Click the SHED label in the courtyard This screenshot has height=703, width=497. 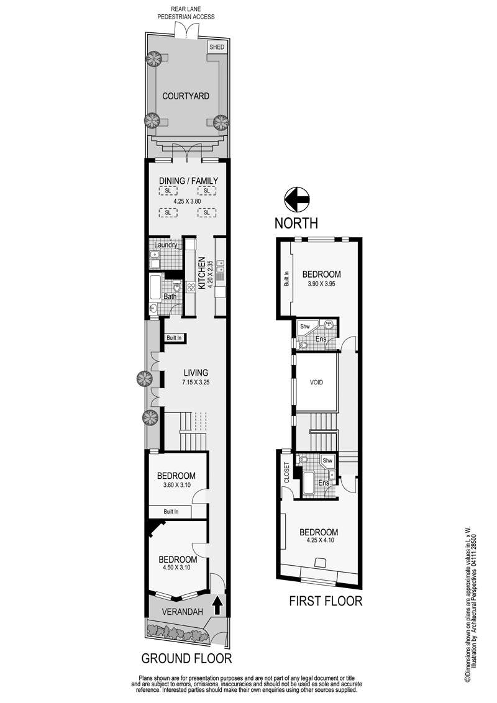[217, 47]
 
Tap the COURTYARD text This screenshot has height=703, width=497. [186, 96]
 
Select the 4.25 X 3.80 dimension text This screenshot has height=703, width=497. [187, 201]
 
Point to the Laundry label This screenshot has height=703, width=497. [165, 245]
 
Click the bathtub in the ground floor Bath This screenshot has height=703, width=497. [155, 288]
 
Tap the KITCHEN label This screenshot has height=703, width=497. [201, 273]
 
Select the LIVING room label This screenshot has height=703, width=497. [196, 373]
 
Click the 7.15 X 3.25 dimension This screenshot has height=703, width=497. [196, 383]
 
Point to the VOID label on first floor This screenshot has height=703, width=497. [316, 383]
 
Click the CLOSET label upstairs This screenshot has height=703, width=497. [287, 473]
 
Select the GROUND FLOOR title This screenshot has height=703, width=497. [186, 658]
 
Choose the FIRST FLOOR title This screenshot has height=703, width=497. [326, 601]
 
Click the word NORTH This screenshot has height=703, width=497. [296, 223]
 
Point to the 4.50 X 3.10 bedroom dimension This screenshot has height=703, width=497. [176, 567]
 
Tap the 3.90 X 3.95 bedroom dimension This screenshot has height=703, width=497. [322, 284]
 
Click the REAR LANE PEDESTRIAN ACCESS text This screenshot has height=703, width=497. [186, 13]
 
